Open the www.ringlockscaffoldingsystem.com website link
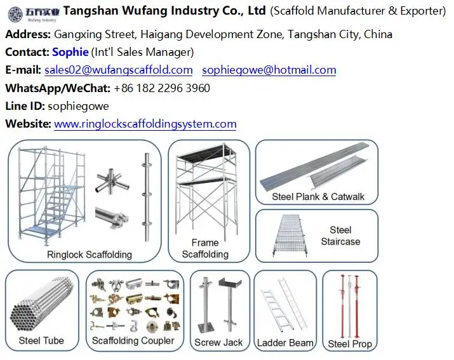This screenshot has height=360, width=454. [145, 124]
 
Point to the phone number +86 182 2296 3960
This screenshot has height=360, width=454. [162, 88]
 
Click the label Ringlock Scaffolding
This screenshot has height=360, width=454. [90, 255]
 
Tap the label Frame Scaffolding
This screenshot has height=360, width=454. [204, 248]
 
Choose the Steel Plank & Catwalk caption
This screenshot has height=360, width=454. [318, 197]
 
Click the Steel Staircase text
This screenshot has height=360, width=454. [340, 236]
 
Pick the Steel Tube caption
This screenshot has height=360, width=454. [41, 341]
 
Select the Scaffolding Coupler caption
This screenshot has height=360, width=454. [133, 341]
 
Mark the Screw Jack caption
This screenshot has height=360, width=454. [218, 343]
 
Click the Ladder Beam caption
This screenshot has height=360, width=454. [285, 343]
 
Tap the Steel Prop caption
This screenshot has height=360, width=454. [350, 344]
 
